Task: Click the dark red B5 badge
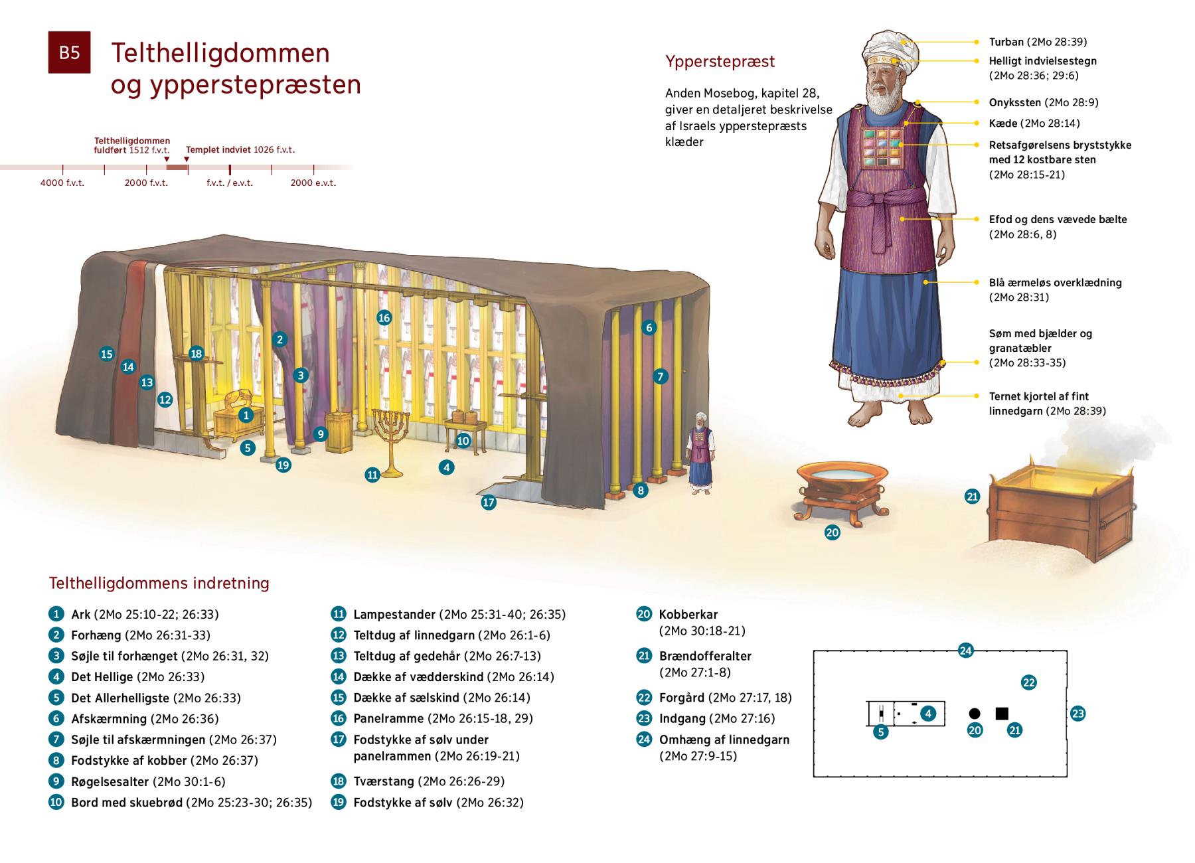point(69,52)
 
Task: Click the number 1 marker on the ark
point(246,416)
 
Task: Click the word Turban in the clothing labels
point(1006,42)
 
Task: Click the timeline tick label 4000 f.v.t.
point(62,183)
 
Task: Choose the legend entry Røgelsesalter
point(111,781)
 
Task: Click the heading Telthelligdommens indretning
point(159,584)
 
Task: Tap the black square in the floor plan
point(1002,714)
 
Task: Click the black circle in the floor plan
point(975,714)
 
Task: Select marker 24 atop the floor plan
point(965,651)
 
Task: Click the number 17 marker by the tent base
point(489,503)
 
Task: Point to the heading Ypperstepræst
point(720,62)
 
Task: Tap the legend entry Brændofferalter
point(705,656)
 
